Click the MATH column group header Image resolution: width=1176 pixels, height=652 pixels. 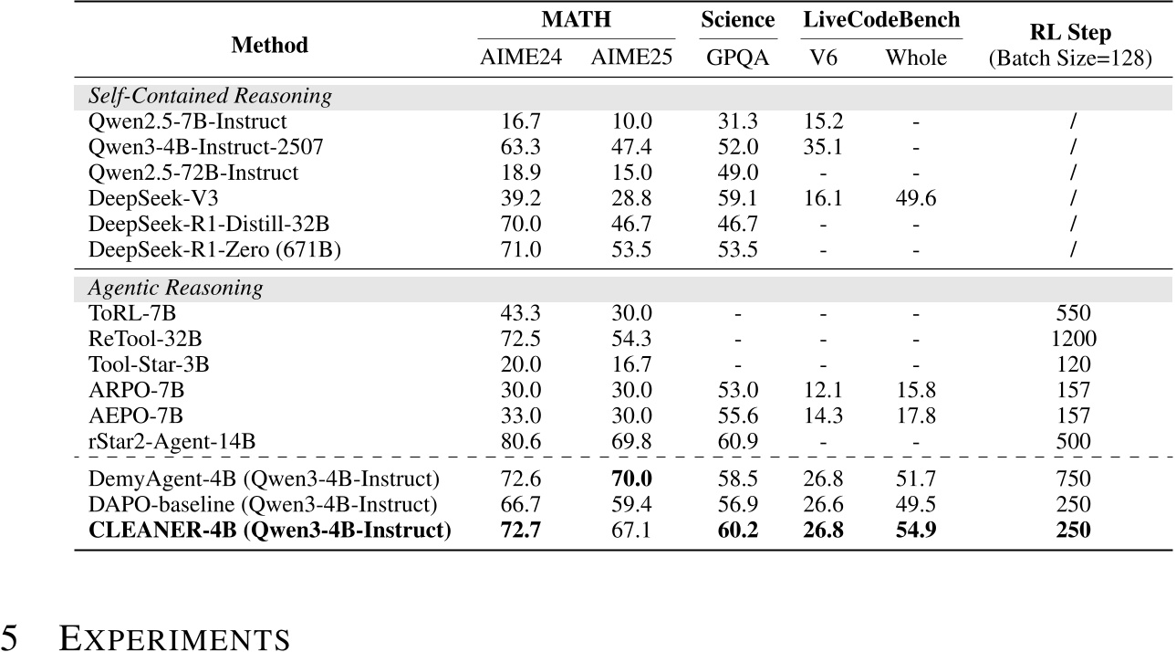coord(577,19)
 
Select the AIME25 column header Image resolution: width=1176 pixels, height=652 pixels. coord(631,58)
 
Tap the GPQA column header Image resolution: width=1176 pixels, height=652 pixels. coord(737,58)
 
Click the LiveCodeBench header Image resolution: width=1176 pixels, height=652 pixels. coord(882,19)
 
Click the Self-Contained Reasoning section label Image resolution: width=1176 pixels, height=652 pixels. coord(210,96)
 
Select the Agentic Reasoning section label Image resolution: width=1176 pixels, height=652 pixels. coord(175,289)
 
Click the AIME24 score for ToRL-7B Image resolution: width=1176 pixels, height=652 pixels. coord(522,314)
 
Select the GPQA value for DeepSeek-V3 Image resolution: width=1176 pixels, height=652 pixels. coord(737,199)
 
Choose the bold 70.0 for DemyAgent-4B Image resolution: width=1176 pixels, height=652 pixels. coord(631,478)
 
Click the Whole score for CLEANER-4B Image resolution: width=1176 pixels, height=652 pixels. coord(916,530)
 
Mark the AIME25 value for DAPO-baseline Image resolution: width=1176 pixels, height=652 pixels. coord(631,504)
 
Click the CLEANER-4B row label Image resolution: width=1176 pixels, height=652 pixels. coord(270,530)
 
